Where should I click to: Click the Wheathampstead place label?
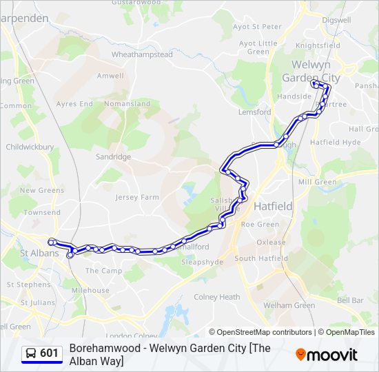142,54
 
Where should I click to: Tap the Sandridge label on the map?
113,156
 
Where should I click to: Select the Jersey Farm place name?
137,197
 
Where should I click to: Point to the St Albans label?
39,253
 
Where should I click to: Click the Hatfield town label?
273,206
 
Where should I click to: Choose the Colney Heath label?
216,297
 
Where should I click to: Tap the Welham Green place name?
289,305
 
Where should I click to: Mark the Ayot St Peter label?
257,27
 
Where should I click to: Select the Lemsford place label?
254,112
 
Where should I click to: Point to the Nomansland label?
127,104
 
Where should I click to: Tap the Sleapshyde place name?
201,262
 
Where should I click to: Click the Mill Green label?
317,182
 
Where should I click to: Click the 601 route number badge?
42,353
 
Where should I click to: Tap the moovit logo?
327,354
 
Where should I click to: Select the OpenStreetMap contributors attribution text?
265,332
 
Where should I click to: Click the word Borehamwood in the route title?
103,348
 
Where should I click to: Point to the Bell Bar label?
350,300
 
